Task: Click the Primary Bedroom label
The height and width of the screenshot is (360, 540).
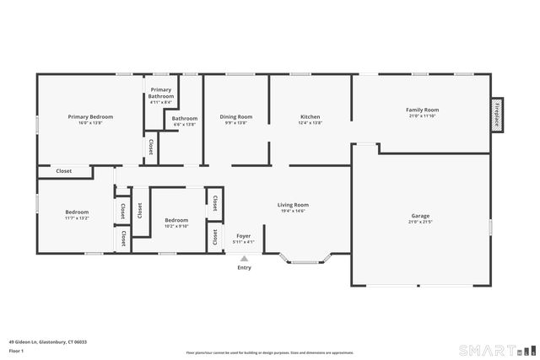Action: coord(90,116)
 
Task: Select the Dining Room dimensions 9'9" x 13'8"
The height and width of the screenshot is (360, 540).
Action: coord(236,123)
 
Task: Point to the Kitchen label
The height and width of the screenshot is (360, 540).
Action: coord(310,116)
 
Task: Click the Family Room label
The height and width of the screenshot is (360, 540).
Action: coord(422,110)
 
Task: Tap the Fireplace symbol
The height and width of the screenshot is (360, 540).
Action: coord(498,113)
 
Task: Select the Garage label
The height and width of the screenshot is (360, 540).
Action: coord(420,215)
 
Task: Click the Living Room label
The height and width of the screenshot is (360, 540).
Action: coord(294,204)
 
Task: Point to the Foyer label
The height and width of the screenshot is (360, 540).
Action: coord(243,236)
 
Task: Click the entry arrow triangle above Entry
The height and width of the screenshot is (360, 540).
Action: coord(244,259)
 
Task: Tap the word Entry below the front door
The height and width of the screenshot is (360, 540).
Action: coord(244,267)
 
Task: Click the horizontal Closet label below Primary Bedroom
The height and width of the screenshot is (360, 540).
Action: coord(63,171)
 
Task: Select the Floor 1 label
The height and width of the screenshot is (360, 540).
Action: coord(16,350)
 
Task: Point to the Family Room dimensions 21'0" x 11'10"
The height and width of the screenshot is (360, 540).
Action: coord(422,116)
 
